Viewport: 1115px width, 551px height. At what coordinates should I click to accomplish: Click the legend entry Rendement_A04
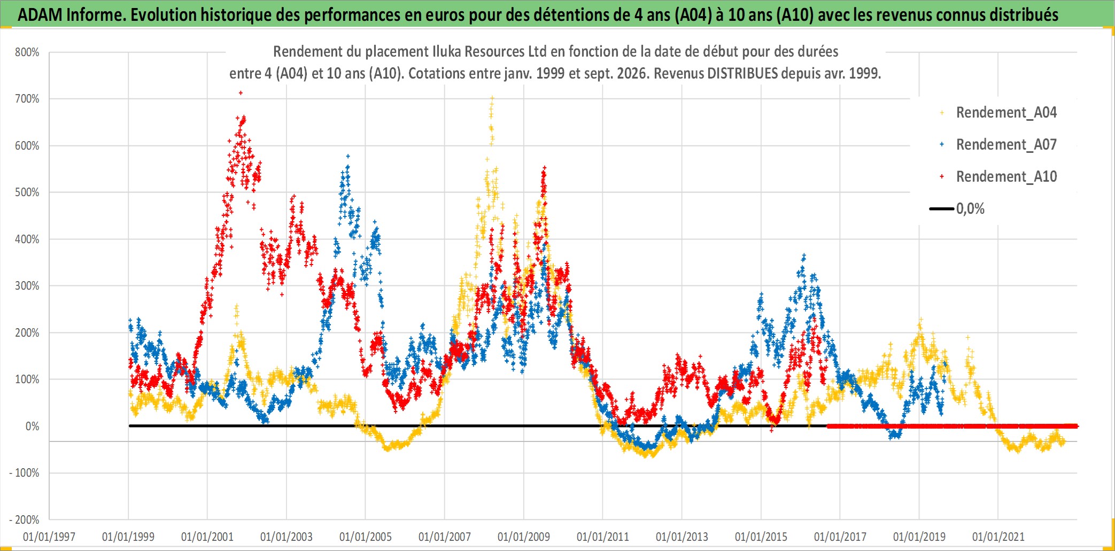1006,112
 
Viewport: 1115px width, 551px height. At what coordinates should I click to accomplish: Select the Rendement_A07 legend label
1006,144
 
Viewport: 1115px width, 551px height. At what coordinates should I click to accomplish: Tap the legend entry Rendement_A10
1006,176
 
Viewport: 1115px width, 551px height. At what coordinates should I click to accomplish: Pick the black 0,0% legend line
942,208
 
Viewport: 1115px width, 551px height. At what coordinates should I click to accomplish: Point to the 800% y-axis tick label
27,52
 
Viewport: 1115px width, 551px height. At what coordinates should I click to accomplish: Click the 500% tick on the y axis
27,192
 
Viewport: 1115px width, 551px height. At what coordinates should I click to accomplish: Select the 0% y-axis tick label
33,426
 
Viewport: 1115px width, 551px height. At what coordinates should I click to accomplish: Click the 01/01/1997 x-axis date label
49,537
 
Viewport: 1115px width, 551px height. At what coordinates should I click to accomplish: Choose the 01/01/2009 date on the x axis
524,537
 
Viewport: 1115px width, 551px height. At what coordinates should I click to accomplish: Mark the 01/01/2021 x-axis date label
998,537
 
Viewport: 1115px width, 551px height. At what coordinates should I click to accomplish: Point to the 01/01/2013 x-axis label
682,537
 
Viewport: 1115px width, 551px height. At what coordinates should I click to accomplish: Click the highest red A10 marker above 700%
241,93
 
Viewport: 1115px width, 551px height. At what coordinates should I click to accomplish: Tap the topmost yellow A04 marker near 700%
492,98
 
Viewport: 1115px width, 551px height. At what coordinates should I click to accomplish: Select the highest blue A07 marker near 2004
348,157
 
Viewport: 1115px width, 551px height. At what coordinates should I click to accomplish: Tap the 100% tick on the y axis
27,379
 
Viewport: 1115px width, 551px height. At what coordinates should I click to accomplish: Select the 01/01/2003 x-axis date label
287,537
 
